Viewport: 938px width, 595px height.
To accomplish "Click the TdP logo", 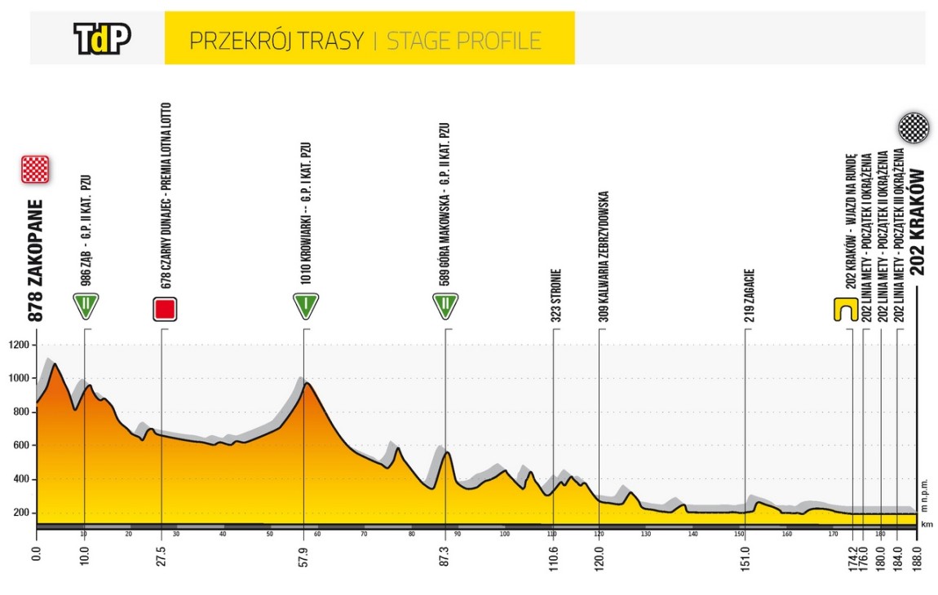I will tap(102, 38).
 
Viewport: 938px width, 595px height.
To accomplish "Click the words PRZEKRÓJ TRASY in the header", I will tap(275, 40).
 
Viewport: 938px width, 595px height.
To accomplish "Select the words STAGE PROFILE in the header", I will tap(463, 40).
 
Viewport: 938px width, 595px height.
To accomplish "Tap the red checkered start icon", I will tap(36, 170).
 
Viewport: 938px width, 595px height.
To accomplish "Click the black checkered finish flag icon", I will tap(913, 128).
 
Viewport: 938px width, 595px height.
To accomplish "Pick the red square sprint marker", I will tap(166, 309).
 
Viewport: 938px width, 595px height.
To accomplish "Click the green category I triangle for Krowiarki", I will tap(305, 306).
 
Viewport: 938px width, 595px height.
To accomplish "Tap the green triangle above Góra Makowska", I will tap(445, 306).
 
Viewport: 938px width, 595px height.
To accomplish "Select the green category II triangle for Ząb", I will tap(86, 306).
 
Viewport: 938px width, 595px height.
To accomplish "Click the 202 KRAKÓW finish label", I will tap(919, 222).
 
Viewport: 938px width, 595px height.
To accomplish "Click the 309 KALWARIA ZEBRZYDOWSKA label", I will tap(602, 258).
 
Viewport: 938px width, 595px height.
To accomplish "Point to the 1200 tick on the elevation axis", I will tap(20, 345).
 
